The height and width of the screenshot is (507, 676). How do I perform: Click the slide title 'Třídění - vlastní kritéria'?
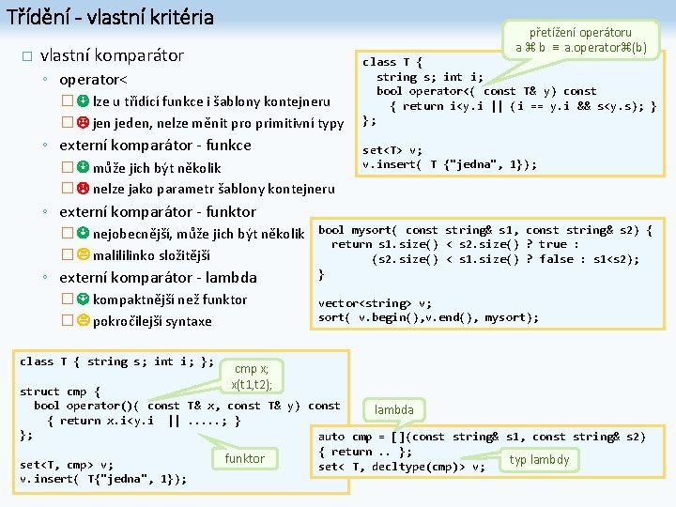pyautogui.click(x=110, y=17)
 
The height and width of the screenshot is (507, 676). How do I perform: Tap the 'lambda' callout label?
pyautogui.click(x=393, y=410)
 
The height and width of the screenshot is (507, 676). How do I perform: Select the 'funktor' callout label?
pyautogui.click(x=244, y=458)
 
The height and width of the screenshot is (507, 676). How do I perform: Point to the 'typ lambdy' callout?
pyautogui.click(x=539, y=459)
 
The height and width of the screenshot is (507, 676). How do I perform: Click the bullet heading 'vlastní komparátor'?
pyautogui.click(x=112, y=55)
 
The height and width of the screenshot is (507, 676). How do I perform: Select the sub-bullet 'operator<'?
pyautogui.click(x=93, y=79)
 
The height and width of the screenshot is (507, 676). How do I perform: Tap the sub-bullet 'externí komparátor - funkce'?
pyautogui.click(x=155, y=146)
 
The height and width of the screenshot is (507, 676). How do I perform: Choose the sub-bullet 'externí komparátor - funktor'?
pyautogui.click(x=157, y=212)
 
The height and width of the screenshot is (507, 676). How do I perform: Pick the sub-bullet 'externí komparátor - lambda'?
pyautogui.click(x=157, y=278)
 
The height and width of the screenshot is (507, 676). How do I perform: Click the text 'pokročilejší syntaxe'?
pyautogui.click(x=152, y=321)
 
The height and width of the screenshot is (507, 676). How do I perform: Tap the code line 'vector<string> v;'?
pyautogui.click(x=375, y=303)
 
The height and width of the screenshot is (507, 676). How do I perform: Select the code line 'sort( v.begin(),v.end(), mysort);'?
pyautogui.click(x=428, y=317)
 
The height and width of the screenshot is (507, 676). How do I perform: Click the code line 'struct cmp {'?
pyautogui.click(x=60, y=392)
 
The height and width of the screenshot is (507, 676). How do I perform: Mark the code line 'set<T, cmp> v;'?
pyautogui.click(x=67, y=464)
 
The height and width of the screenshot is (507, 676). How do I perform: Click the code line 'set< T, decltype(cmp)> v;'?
pyautogui.click(x=402, y=466)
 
